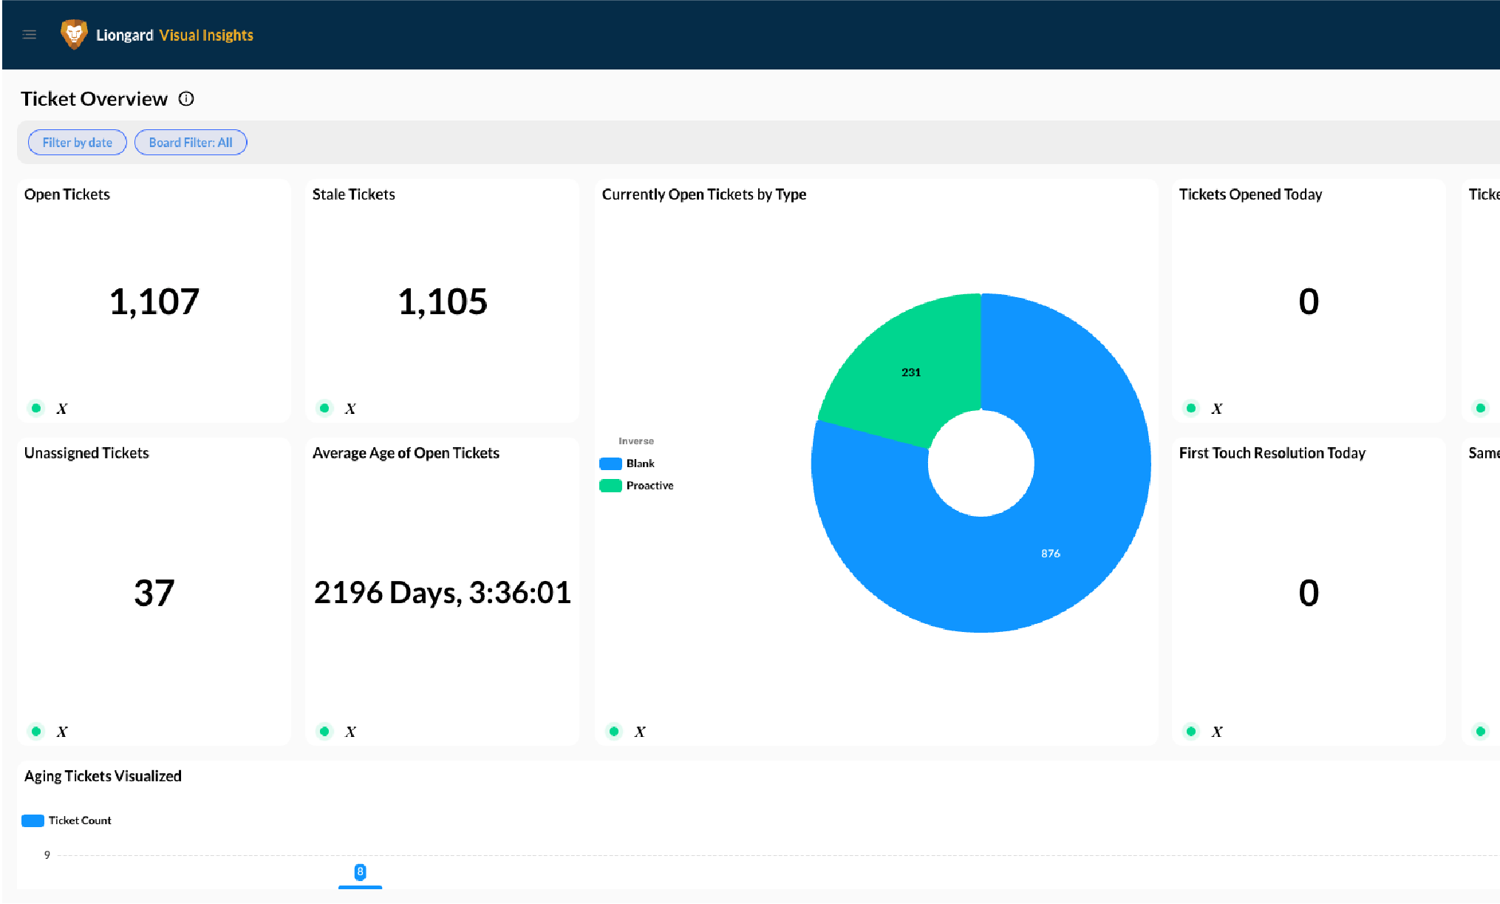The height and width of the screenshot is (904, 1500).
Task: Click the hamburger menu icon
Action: click(30, 35)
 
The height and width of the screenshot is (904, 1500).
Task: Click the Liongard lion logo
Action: click(74, 34)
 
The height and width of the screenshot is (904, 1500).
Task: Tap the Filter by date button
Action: click(78, 143)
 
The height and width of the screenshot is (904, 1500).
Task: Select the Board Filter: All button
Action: click(191, 143)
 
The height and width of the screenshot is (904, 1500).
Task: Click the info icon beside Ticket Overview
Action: click(186, 99)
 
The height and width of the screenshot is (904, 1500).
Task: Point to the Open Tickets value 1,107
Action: click(154, 302)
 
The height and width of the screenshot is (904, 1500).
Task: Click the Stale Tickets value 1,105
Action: click(443, 302)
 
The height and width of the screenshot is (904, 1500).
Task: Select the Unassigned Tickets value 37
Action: click(154, 593)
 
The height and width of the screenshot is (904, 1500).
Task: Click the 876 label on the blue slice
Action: click(1051, 554)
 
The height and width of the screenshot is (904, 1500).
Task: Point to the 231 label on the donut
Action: click(911, 373)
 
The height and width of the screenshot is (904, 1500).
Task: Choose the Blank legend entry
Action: click(627, 463)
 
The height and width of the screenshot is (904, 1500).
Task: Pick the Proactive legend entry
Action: click(637, 486)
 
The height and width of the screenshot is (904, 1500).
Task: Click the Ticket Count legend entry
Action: click(67, 820)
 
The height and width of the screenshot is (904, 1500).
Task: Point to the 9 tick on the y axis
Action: click(47, 855)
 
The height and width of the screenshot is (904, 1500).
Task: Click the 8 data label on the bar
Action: click(360, 872)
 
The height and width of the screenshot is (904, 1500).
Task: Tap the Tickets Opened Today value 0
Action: click(1309, 302)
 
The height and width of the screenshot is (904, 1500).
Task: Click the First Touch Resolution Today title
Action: click(1272, 453)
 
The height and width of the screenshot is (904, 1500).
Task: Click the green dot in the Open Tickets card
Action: click(36, 408)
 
